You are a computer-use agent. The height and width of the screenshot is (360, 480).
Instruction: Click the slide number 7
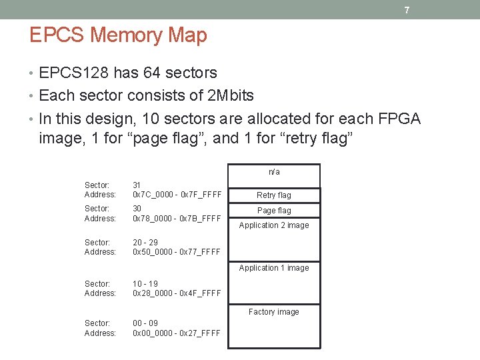point(406,11)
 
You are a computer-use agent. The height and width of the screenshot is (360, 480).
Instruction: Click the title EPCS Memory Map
point(118,35)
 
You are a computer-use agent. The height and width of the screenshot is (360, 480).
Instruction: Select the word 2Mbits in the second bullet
point(231,95)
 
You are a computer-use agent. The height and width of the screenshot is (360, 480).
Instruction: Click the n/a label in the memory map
point(274,172)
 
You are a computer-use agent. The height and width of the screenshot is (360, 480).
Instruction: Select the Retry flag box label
point(274,195)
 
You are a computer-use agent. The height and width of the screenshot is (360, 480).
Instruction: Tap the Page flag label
point(274,211)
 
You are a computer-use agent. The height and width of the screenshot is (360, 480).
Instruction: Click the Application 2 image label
point(274,225)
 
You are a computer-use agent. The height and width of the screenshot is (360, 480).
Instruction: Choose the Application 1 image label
point(274,268)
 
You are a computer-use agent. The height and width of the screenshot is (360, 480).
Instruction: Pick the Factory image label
point(274,312)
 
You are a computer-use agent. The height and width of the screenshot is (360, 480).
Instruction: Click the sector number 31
point(137,185)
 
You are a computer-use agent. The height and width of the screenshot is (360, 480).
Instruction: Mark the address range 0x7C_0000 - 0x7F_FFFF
point(177,195)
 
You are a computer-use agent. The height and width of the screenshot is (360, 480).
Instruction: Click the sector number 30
point(137,209)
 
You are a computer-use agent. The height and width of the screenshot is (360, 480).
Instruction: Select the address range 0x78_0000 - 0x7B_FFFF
point(177,219)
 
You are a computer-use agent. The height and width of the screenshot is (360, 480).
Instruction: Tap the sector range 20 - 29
point(145,243)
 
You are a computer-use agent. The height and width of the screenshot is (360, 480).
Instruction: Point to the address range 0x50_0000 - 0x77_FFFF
point(177,252)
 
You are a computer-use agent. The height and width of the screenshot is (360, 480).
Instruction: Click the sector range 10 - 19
point(145,283)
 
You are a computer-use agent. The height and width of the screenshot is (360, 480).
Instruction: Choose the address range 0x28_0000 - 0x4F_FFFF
point(177,293)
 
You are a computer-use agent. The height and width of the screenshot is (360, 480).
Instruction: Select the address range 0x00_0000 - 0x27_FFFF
point(177,333)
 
